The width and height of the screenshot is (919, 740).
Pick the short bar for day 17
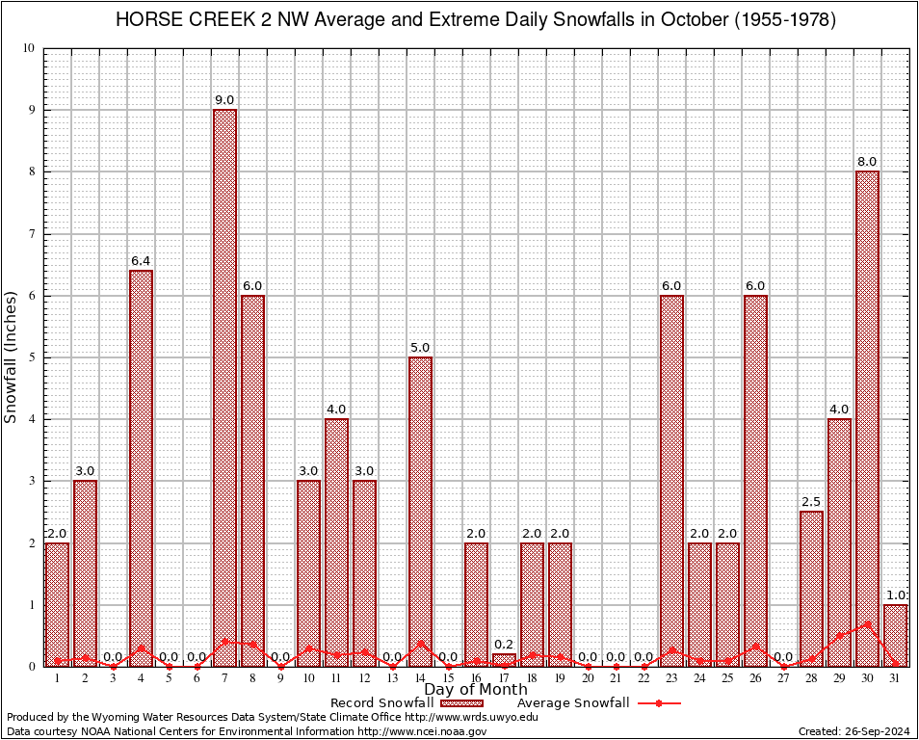pyautogui.click(x=504, y=660)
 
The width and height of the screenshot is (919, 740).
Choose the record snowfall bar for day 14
pyautogui.click(x=420, y=511)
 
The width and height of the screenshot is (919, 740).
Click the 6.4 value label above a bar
pyautogui.click(x=141, y=261)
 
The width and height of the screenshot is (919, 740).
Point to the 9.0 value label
pyautogui.click(x=224, y=100)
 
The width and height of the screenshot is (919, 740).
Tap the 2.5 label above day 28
pyautogui.click(x=811, y=502)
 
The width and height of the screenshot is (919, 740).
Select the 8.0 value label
pyautogui.click(x=867, y=162)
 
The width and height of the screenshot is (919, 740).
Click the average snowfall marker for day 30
pyautogui.click(x=867, y=624)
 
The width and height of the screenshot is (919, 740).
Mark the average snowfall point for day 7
pyautogui.click(x=224, y=641)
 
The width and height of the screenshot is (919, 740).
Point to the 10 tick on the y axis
pyautogui.click(x=30, y=48)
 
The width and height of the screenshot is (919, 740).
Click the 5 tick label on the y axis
pyautogui.click(x=32, y=357)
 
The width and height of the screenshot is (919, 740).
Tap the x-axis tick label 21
pyautogui.click(x=616, y=678)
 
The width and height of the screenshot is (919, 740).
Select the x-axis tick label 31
pyautogui.click(x=895, y=678)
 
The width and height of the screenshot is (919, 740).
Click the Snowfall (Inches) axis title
pyautogui.click(x=12, y=357)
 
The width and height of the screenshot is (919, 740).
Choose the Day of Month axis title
pyautogui.click(x=475, y=690)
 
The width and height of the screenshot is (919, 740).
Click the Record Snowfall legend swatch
pyautogui.click(x=462, y=703)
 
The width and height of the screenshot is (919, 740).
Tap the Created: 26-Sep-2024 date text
pyautogui.click(x=854, y=731)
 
